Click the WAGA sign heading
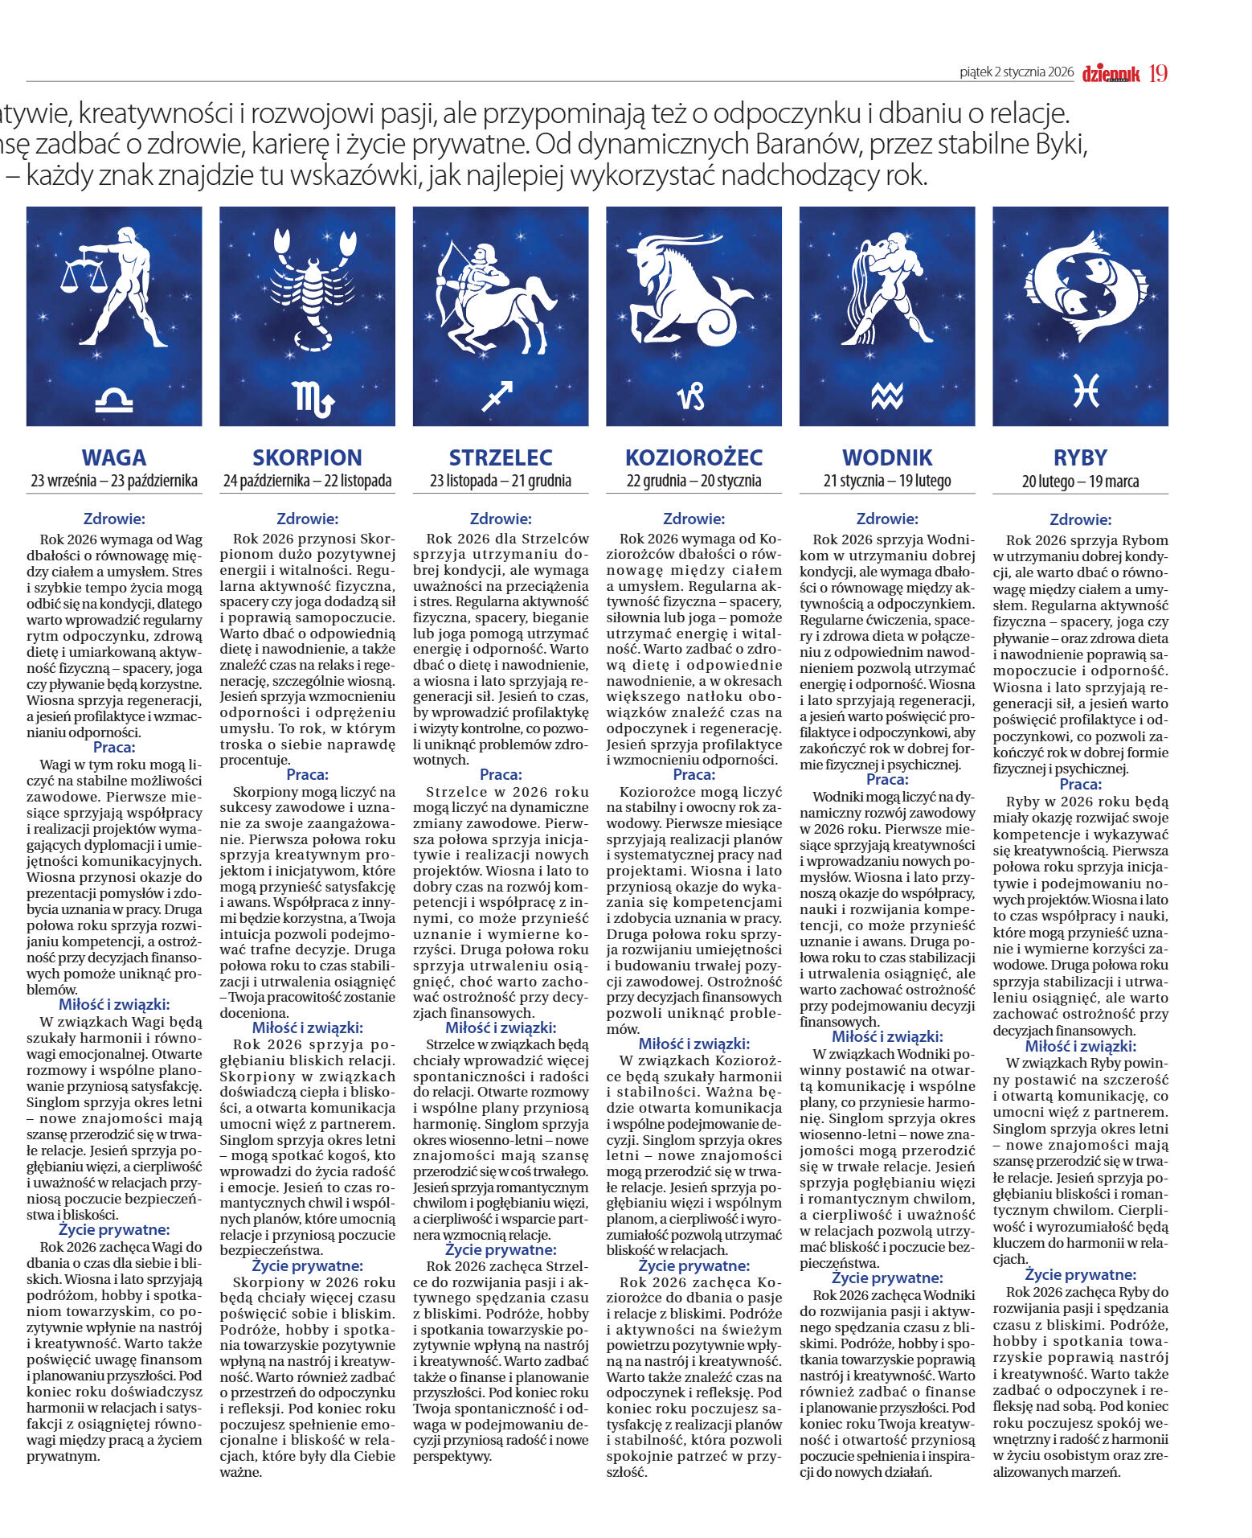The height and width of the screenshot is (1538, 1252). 114,457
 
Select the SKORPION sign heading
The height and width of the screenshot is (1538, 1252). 307,457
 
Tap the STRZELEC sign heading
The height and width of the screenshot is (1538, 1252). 501,457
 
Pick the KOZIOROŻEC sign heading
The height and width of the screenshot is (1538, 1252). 694,457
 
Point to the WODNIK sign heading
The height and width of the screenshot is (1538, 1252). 887,457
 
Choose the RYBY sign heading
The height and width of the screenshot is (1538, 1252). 1080,457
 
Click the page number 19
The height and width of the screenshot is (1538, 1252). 1158,73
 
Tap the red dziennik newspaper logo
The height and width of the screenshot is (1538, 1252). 1111,74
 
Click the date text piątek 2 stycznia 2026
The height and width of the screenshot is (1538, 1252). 1017,72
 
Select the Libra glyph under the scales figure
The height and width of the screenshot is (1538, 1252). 114,399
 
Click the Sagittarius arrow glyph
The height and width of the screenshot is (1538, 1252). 497,396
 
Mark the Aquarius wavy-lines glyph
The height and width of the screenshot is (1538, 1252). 887,395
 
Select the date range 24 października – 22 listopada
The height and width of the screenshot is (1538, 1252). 307,482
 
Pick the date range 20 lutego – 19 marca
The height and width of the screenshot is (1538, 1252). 1080,482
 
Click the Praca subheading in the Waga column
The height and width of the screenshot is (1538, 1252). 114,748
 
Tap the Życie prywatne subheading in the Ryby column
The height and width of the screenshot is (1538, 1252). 1080,1274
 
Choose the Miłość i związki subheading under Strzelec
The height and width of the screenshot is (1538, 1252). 501,1027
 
